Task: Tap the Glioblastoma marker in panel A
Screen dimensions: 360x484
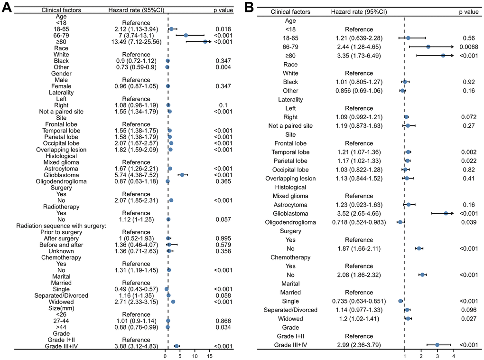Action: coord(182,175)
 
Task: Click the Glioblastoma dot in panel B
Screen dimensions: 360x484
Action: coord(446,213)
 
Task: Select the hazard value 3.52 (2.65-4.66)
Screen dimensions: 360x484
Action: coord(359,213)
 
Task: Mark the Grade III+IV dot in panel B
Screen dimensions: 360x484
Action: coord(437,345)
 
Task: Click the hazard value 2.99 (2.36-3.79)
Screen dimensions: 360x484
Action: coord(359,345)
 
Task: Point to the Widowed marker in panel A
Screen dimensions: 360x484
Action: coord(173,302)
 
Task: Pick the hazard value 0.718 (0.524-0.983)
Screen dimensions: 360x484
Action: coord(359,222)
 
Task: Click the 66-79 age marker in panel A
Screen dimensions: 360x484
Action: coord(186,35)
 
